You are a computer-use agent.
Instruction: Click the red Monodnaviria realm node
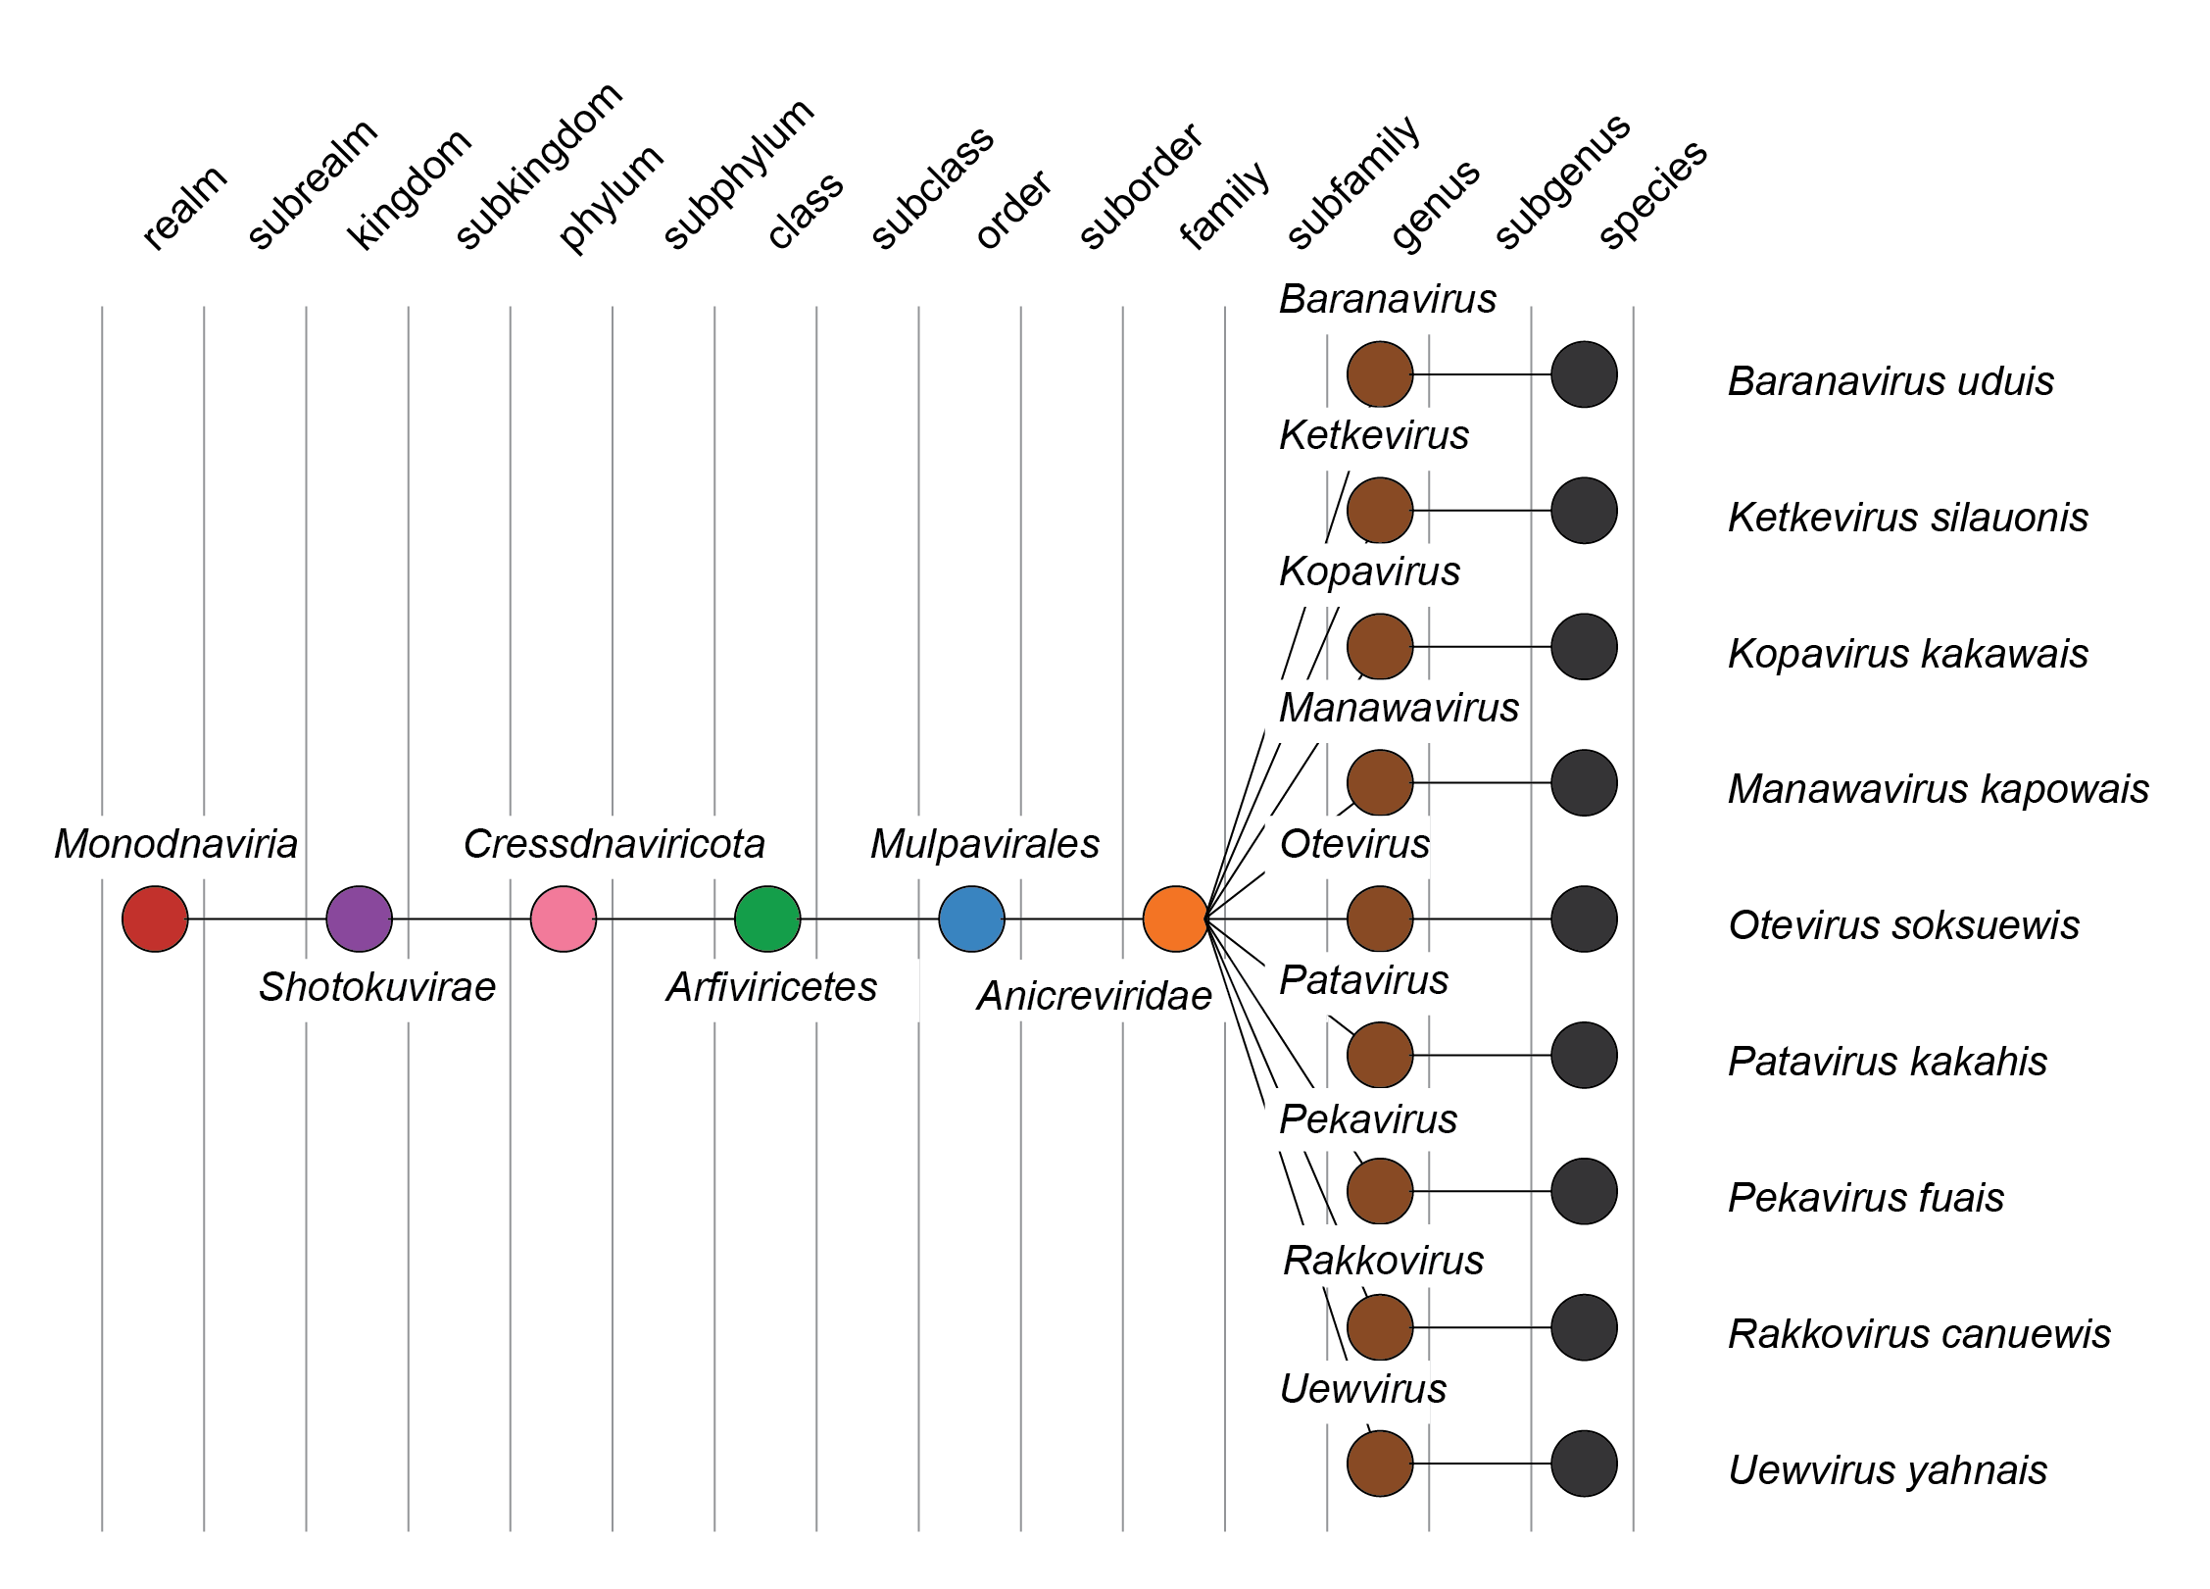[155, 919]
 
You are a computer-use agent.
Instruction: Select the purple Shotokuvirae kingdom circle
[359, 919]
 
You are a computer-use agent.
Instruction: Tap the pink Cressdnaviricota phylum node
[564, 919]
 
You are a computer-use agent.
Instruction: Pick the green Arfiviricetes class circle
[767, 919]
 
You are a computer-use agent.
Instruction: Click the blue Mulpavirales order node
[971, 919]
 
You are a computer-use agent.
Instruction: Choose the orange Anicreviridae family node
[1175, 919]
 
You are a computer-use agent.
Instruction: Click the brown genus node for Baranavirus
[1380, 374]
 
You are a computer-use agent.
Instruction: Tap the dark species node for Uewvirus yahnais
[1584, 1464]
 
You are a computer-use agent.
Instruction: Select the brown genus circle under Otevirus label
[1380, 919]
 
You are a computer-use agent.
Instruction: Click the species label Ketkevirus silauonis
[1907, 518]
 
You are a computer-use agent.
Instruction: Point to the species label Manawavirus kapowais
[1938, 789]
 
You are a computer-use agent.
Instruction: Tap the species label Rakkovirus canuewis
[1919, 1334]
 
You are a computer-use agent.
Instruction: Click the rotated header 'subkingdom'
[539, 167]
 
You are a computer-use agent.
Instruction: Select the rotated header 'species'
[1653, 195]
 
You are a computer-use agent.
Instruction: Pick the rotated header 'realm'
[184, 208]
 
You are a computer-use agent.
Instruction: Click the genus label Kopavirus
[1369, 571]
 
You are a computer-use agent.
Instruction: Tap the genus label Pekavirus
[1368, 1119]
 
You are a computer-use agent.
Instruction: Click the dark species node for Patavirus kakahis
[1584, 1055]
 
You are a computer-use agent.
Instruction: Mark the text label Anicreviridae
[1094, 996]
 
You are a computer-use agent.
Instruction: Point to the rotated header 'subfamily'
[1353, 183]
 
